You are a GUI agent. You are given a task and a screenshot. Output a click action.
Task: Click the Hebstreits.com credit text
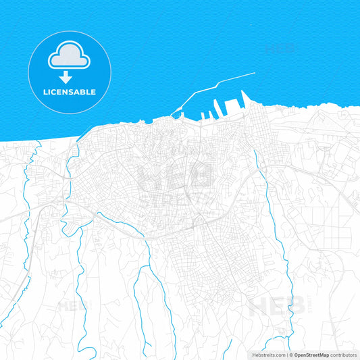coord(265,354)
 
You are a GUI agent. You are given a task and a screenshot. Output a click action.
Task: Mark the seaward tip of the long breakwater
coord(254,73)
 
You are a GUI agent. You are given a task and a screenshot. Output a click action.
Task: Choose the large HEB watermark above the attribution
coord(276,306)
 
